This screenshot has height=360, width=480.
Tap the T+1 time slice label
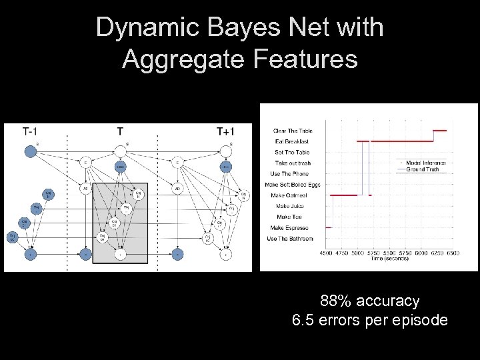(225, 131)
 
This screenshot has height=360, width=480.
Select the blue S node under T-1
(30, 151)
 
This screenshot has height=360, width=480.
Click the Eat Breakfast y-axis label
(291, 141)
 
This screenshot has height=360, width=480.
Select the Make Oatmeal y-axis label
(290, 195)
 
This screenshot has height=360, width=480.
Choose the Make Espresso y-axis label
(291, 228)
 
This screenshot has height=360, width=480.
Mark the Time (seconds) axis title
(391, 259)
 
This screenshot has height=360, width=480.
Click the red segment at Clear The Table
(439, 131)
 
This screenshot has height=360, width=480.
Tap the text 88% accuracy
(369, 301)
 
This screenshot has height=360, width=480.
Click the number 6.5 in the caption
(302, 321)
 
